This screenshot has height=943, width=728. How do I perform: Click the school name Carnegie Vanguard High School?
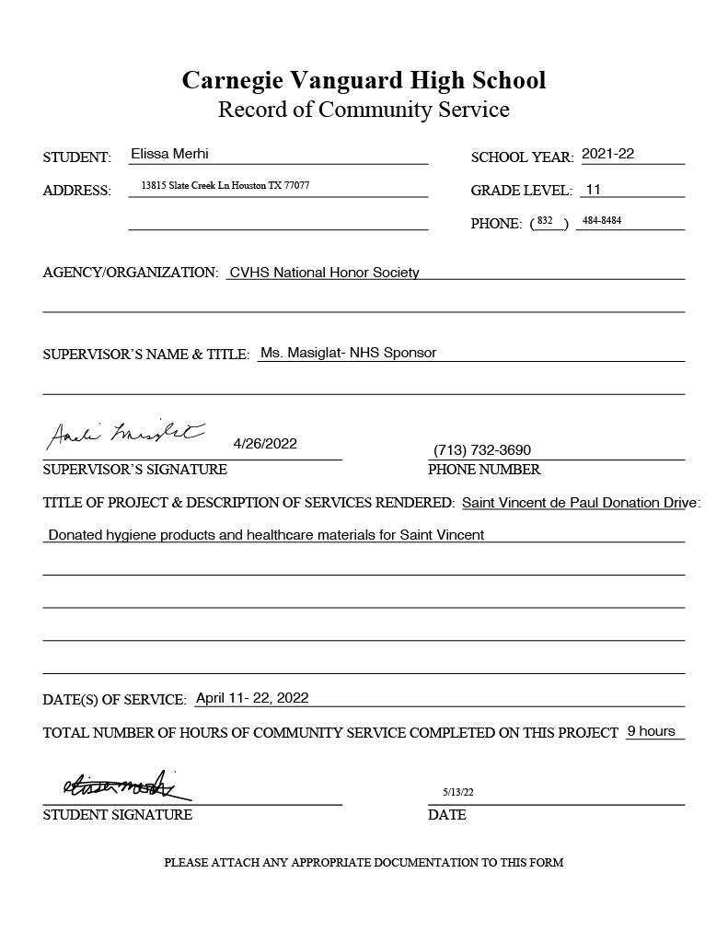(364, 80)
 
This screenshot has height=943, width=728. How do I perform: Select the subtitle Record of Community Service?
(364, 110)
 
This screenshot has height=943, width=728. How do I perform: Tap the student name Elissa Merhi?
(169, 154)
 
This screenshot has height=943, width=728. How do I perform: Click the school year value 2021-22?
(607, 154)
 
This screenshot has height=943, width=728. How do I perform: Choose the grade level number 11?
(593, 190)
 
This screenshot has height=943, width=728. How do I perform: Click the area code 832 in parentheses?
(545, 221)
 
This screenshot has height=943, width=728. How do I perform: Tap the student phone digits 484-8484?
(602, 221)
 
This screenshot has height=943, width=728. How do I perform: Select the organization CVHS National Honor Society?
(324, 273)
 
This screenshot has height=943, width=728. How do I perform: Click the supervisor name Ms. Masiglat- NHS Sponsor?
(348, 353)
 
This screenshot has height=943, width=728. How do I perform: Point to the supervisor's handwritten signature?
(125, 435)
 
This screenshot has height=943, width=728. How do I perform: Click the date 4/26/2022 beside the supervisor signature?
(265, 444)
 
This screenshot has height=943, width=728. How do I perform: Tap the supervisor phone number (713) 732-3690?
(481, 450)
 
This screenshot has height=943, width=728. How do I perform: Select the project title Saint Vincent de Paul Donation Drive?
(579, 503)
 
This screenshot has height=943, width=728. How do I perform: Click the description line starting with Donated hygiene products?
(265, 534)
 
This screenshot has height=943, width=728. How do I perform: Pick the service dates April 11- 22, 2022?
(252, 698)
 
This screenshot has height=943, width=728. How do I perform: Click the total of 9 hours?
(651, 731)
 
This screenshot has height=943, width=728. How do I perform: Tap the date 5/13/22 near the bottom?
(457, 792)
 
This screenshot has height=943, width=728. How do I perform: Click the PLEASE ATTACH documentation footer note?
(364, 863)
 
